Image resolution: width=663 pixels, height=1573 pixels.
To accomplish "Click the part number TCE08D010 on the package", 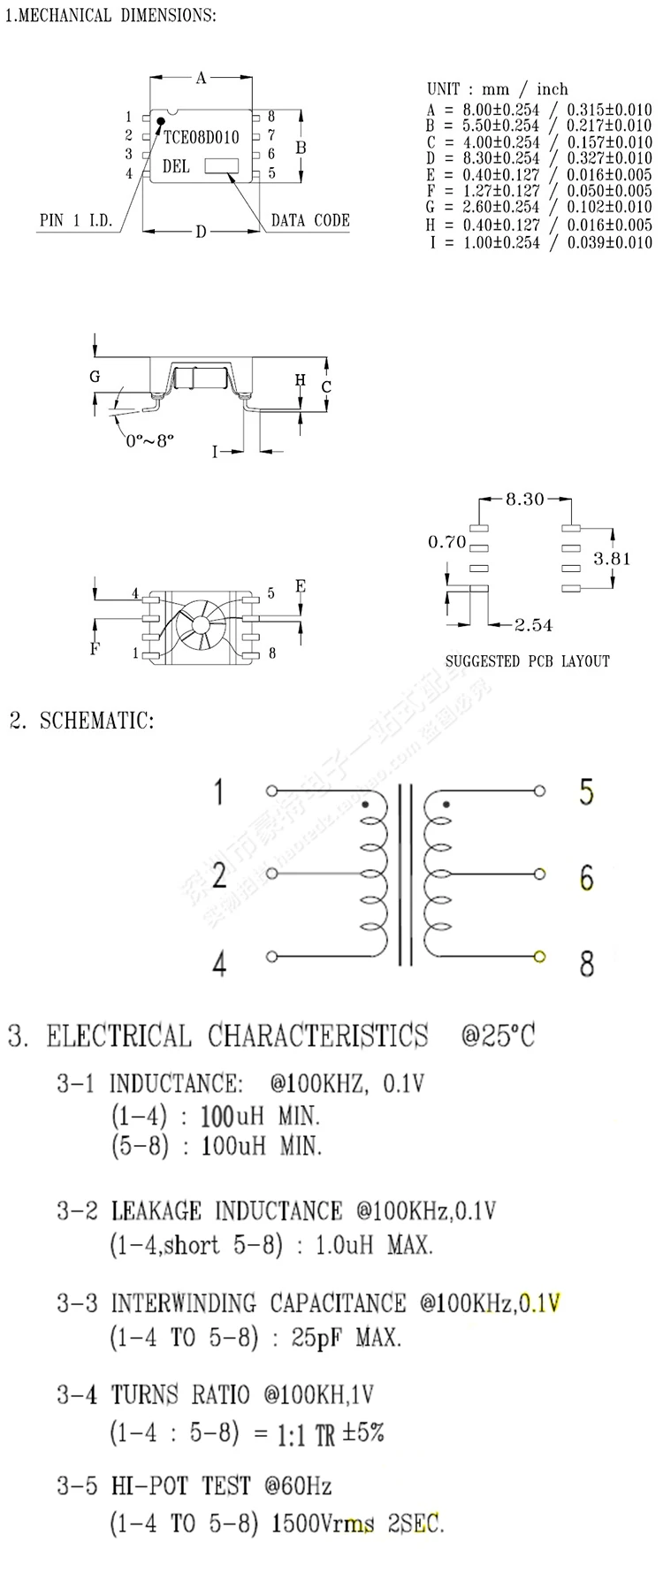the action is coord(202,137).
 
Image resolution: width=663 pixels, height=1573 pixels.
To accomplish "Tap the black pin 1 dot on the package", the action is coord(161,121).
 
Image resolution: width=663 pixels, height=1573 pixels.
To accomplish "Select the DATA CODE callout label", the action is coord(310,220).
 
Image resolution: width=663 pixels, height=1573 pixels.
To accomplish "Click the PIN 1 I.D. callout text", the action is coord(77,220).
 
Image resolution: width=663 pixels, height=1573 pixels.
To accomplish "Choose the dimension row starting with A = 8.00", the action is coord(539,110).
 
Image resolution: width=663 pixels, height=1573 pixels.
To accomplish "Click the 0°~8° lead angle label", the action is coord(150,439).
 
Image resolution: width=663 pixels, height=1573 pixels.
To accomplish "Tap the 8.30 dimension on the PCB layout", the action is coord(524,500).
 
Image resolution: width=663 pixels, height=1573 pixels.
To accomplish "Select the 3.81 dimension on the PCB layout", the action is coord(612,558).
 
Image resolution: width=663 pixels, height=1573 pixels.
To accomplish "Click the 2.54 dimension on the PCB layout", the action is coord(534,625).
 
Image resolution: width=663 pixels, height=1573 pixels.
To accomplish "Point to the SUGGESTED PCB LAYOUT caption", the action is coord(527,661).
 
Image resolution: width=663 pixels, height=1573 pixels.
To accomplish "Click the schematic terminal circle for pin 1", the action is coord(271,790).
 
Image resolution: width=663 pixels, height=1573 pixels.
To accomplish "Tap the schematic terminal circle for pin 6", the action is coord(539,874).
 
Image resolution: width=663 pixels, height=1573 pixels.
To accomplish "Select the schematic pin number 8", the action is coord(586,963).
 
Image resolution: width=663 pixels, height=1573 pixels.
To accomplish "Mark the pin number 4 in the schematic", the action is coord(219,963).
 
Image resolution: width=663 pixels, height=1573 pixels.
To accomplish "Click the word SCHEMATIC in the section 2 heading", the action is coord(96,720).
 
